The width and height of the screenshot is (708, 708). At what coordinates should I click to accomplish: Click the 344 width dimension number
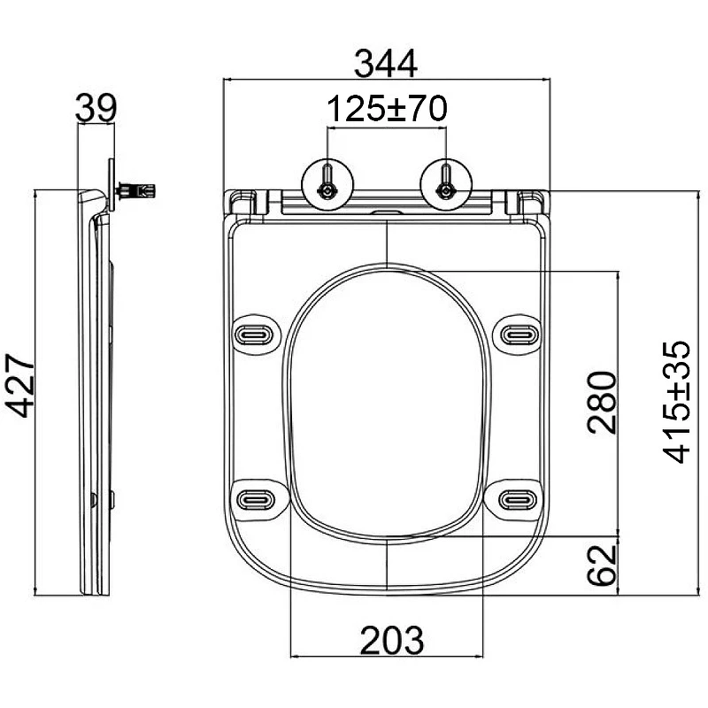[x=386, y=64]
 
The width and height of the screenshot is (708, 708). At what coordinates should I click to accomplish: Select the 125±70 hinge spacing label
[x=387, y=109]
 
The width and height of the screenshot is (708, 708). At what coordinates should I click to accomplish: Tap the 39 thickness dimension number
[x=96, y=107]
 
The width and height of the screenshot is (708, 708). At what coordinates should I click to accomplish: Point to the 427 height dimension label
[x=19, y=385]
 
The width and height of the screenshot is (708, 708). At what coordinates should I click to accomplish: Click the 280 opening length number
[x=602, y=403]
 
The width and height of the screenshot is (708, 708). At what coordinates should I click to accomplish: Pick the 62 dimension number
[x=602, y=566]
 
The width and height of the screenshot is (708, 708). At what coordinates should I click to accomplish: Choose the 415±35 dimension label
[x=676, y=403]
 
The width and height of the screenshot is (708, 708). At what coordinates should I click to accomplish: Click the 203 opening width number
[x=392, y=640]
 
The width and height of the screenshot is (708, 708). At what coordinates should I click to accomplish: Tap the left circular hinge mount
[x=327, y=185]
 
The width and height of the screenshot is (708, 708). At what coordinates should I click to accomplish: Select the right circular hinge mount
[x=446, y=185]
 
